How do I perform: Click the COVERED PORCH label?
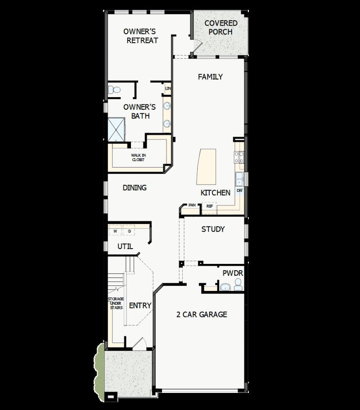[x=221, y=27]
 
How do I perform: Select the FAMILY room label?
[x=210, y=77]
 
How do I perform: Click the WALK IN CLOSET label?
[x=139, y=157]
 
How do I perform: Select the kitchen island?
[x=206, y=167]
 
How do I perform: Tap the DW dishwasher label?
[x=239, y=191]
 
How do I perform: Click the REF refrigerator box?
[x=209, y=206]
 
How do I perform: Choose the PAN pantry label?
[x=192, y=205]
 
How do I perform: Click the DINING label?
[x=135, y=188]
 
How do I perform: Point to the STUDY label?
[x=213, y=229]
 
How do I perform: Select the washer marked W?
[x=115, y=232]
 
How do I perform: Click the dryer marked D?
[x=129, y=232]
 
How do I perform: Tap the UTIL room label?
[x=125, y=246]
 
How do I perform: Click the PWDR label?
[x=233, y=273]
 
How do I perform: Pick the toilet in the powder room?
[x=238, y=284]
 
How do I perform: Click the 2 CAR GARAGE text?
[x=201, y=315]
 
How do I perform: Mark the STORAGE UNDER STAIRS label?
[x=115, y=303]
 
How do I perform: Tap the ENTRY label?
[x=140, y=306]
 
